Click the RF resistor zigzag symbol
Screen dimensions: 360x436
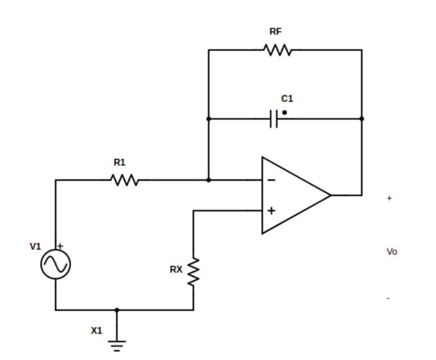click(x=278, y=50)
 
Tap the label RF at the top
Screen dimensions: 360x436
click(x=275, y=32)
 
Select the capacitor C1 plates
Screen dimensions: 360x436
click(x=273, y=118)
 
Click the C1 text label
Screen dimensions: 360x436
click(x=287, y=98)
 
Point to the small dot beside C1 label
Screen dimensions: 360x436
click(x=285, y=113)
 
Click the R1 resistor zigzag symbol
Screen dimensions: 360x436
click(x=125, y=180)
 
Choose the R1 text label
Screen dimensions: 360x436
click(x=120, y=163)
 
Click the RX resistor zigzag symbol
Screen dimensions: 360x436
click(x=194, y=272)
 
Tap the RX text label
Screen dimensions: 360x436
click(x=176, y=270)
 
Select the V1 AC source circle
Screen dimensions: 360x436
click(x=55, y=265)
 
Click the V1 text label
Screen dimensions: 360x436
click(x=36, y=247)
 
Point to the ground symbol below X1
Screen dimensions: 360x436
click(x=116, y=343)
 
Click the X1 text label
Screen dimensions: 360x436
click(x=97, y=331)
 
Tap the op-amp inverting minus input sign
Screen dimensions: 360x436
click(x=272, y=180)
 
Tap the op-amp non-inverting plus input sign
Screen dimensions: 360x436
click(x=272, y=211)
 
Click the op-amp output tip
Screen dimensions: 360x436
click(x=330, y=195)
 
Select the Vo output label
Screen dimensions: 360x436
click(x=392, y=252)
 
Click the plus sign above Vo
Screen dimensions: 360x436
click(x=389, y=198)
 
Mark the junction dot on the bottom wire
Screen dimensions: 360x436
click(x=116, y=310)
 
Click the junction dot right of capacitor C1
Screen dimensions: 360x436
click(x=362, y=118)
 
